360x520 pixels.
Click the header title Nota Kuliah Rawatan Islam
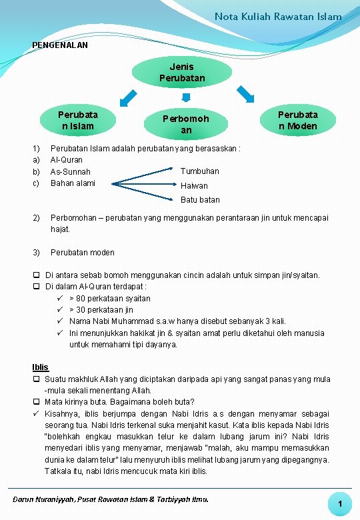coord(278,16)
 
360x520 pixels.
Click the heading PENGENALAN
coord(60,45)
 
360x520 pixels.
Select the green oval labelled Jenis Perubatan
coord(182,73)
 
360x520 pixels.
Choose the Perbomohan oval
coord(186,124)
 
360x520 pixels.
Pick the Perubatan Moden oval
coord(298,120)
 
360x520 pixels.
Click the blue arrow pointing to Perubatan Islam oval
coord(126,97)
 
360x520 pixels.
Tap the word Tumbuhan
coord(199,171)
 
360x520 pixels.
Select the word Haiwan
coord(194,186)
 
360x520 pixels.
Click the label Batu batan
coord(200,200)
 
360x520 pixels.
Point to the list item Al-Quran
coord(67,160)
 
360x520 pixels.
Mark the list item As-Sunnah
coord(70,172)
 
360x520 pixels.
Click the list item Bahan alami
coord(73,183)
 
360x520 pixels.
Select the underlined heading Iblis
coord(40,367)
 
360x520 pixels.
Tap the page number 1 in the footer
coord(339,505)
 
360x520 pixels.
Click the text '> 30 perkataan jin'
coord(101,310)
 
